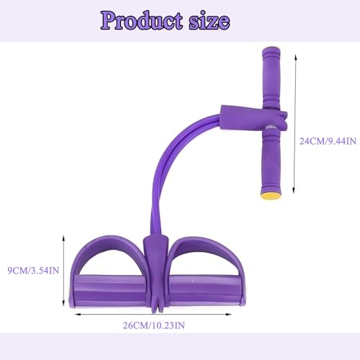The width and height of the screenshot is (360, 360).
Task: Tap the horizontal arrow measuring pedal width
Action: click(x=155, y=314)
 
